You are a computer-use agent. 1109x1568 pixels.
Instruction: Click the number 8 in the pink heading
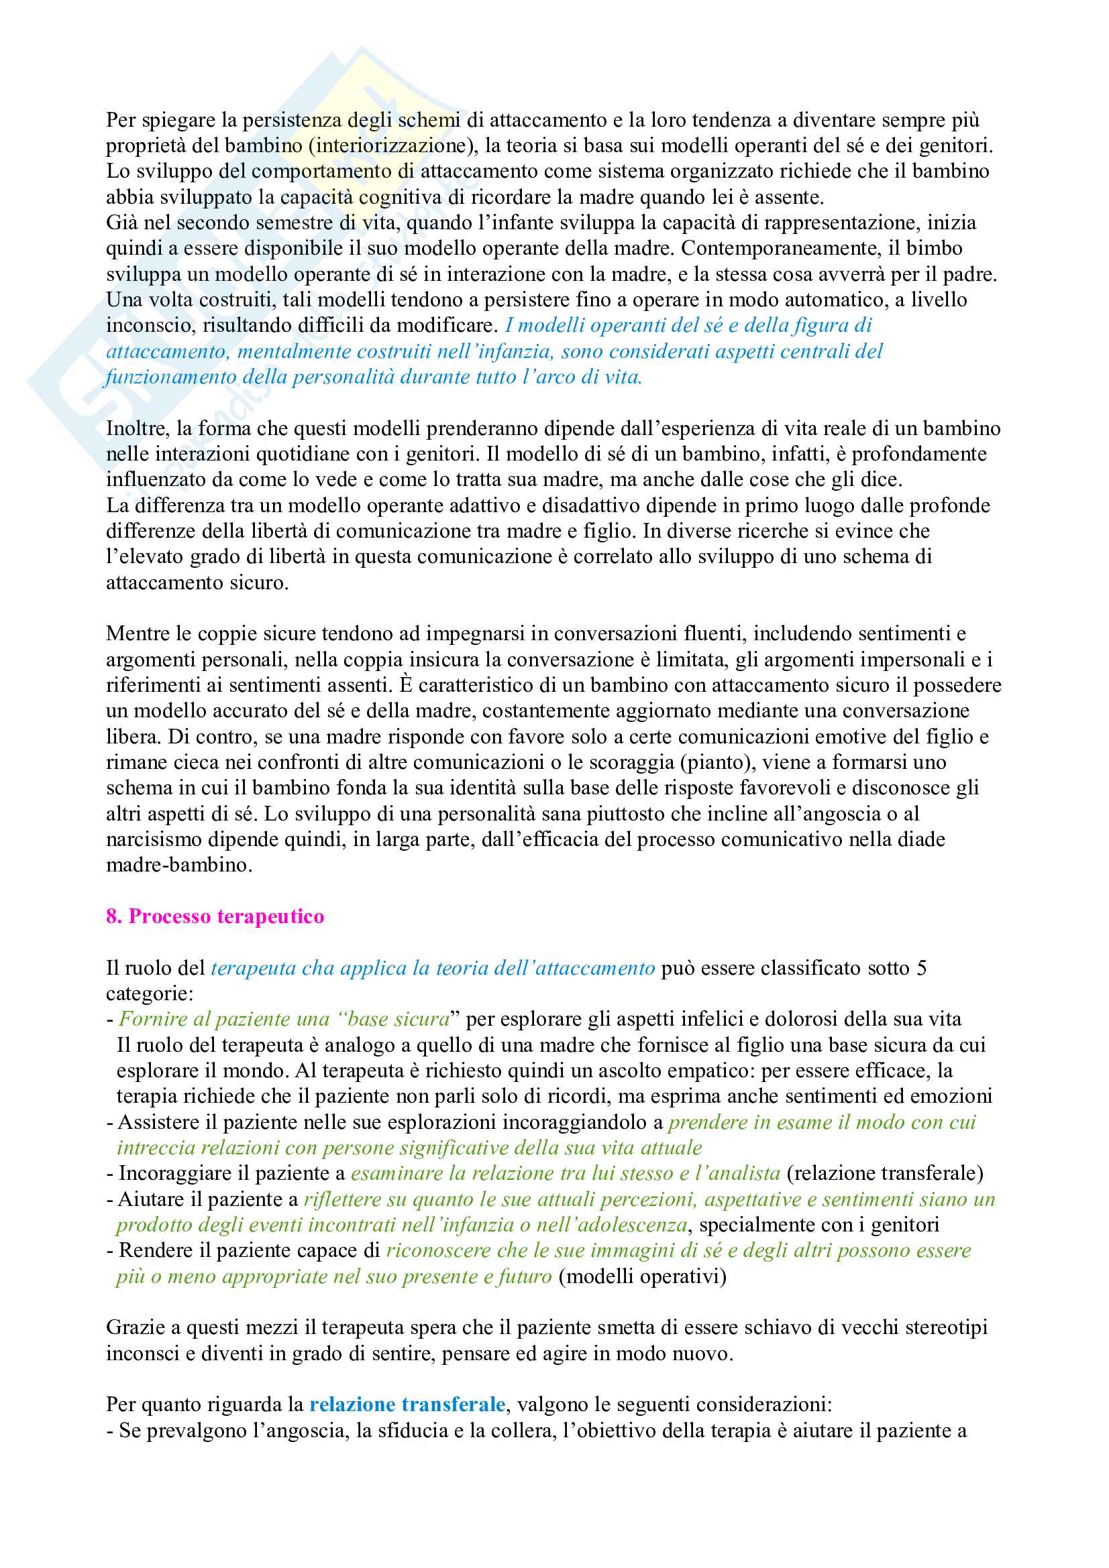(x=111, y=916)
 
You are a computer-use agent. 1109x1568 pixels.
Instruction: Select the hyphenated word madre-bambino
(x=178, y=865)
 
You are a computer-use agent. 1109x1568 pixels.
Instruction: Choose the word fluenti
(x=714, y=634)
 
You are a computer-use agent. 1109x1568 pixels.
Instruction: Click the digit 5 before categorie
(x=922, y=968)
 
